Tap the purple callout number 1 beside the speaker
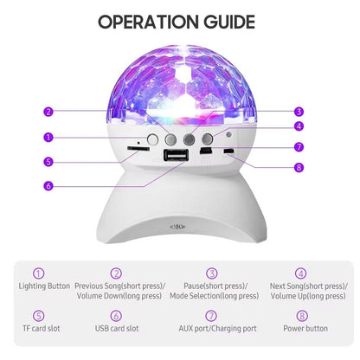pyautogui.click(x=48, y=136)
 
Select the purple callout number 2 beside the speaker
pyautogui.click(x=48, y=111)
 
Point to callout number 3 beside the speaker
pyautogui.click(x=298, y=111)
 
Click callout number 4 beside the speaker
pyautogui.click(x=298, y=126)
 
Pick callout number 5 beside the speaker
pyautogui.click(x=48, y=160)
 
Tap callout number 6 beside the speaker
pyautogui.click(x=48, y=184)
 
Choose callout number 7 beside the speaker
pyautogui.click(x=298, y=146)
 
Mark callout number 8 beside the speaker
pyautogui.click(x=298, y=168)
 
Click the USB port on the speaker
pyautogui.click(x=176, y=156)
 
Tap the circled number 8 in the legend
pyautogui.click(x=301, y=316)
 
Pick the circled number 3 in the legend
pyautogui.click(x=212, y=273)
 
